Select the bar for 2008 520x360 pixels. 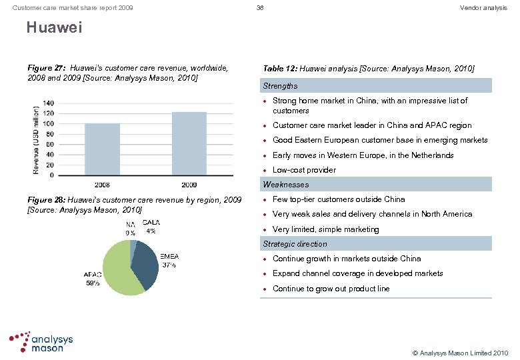(102, 149)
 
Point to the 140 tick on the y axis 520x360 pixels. (49, 103)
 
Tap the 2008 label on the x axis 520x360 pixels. (102, 183)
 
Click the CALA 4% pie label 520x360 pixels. (151, 227)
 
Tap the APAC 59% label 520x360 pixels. (92, 278)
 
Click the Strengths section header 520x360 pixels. (280, 86)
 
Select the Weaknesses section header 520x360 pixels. (285, 184)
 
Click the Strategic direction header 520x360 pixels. (295, 244)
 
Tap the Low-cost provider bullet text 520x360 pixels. (304, 170)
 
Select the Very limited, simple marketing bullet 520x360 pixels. (325, 229)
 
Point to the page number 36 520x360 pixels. (260, 7)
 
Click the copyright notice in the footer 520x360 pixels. (460, 352)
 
